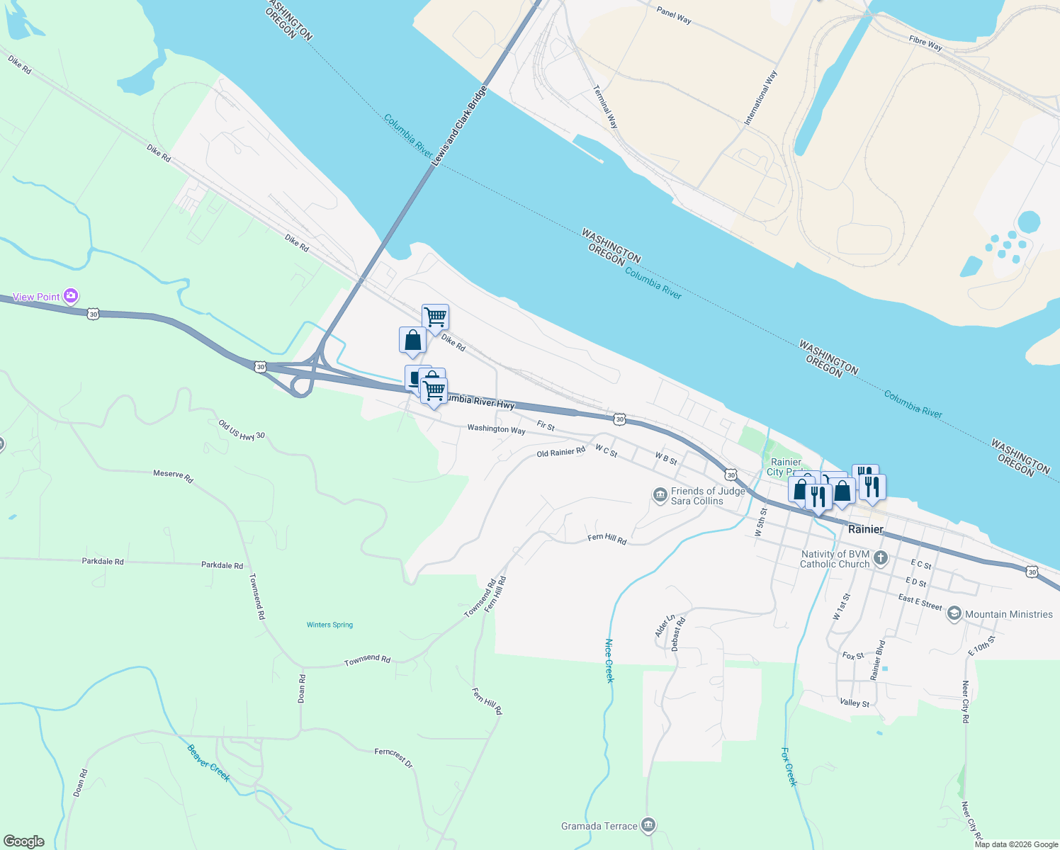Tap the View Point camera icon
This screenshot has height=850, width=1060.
coord(71,296)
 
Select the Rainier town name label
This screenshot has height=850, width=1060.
coord(866,529)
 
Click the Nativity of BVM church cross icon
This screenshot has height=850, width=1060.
coord(881,558)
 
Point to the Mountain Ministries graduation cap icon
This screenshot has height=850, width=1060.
coord(954,614)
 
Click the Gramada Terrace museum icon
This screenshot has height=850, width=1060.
coord(648,825)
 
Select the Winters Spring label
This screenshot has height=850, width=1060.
coord(329,625)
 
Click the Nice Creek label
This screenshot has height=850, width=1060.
coord(609,661)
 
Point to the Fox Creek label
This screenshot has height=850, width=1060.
coord(789,766)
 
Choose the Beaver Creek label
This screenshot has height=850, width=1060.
coord(209,763)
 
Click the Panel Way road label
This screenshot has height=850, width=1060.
coord(674,15)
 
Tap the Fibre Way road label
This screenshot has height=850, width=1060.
coord(925,43)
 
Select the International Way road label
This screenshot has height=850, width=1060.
coord(760,98)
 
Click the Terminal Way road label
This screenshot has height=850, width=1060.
coord(606,106)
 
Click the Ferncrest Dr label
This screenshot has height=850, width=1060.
coord(393,757)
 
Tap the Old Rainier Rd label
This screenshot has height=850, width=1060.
coord(560,453)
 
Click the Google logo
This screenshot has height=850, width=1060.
coord(24,841)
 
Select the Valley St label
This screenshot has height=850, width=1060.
coord(855,703)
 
